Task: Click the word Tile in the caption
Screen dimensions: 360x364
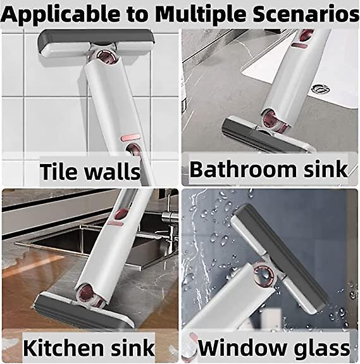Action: coord(58,172)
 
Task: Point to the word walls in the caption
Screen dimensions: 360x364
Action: coord(112,172)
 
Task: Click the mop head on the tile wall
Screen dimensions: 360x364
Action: coord(96,44)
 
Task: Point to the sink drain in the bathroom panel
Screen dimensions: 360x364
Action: coord(321,89)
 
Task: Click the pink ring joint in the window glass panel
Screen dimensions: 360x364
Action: coord(264,275)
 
